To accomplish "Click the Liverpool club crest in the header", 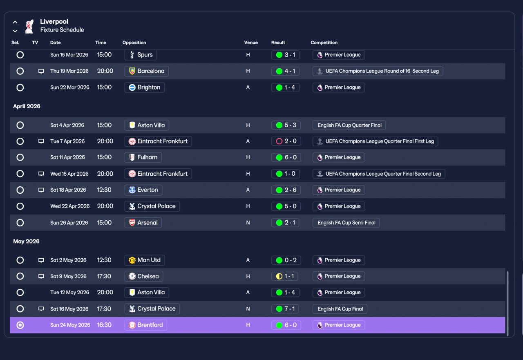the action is tap(29, 26).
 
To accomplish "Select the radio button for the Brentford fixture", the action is tap(20, 325).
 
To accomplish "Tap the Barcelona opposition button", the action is tap(147, 71).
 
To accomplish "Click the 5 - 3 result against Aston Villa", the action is tap(286, 125).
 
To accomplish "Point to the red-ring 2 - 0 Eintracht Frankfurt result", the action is tap(286, 141).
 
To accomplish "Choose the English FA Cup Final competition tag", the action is tap(340, 309).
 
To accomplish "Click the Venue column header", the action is tap(251, 42).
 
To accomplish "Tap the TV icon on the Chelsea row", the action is tap(41, 276).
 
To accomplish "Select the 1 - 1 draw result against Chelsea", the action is tap(285, 276).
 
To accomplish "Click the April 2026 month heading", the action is tap(27, 106).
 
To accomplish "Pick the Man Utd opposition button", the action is tap(145, 260).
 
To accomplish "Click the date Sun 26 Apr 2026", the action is tap(69, 223).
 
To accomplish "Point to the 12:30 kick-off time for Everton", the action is tap(104, 190).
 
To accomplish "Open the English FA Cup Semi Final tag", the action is tap(346, 223).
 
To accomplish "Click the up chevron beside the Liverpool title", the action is tap(15, 22).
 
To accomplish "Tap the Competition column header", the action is tap(324, 42).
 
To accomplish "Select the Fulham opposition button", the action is tap(143, 157).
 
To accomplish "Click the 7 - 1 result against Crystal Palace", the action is tap(285, 309).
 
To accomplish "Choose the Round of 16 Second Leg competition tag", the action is tap(378, 71).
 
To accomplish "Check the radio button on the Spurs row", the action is tap(20, 55).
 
